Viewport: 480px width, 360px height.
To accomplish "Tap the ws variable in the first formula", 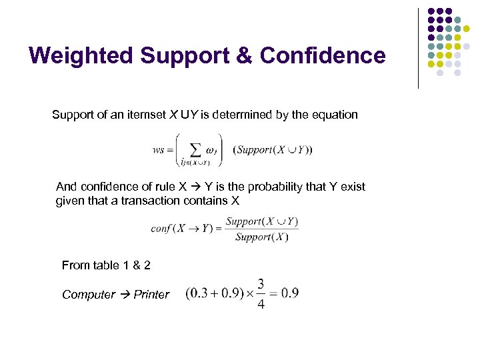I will click(159, 150).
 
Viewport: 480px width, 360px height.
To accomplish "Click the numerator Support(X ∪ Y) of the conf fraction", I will click(262, 221).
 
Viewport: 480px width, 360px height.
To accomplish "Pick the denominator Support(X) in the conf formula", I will click(262, 237).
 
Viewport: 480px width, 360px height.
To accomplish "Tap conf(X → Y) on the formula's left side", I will click(182, 229).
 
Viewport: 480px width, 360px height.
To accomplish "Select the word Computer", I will click(89, 295).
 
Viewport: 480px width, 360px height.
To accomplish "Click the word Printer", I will click(151, 295).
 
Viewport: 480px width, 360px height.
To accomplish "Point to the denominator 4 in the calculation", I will click(260, 303).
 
